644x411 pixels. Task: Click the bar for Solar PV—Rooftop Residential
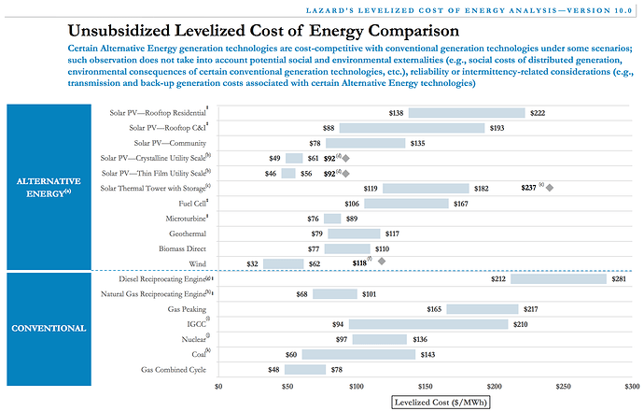tap(466, 113)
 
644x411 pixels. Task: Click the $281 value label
tap(618, 278)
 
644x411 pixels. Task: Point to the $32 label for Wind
tap(252, 263)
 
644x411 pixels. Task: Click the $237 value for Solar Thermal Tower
tap(529, 187)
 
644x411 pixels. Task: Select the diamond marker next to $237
tap(549, 188)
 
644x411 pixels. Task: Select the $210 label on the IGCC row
tap(521, 324)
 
